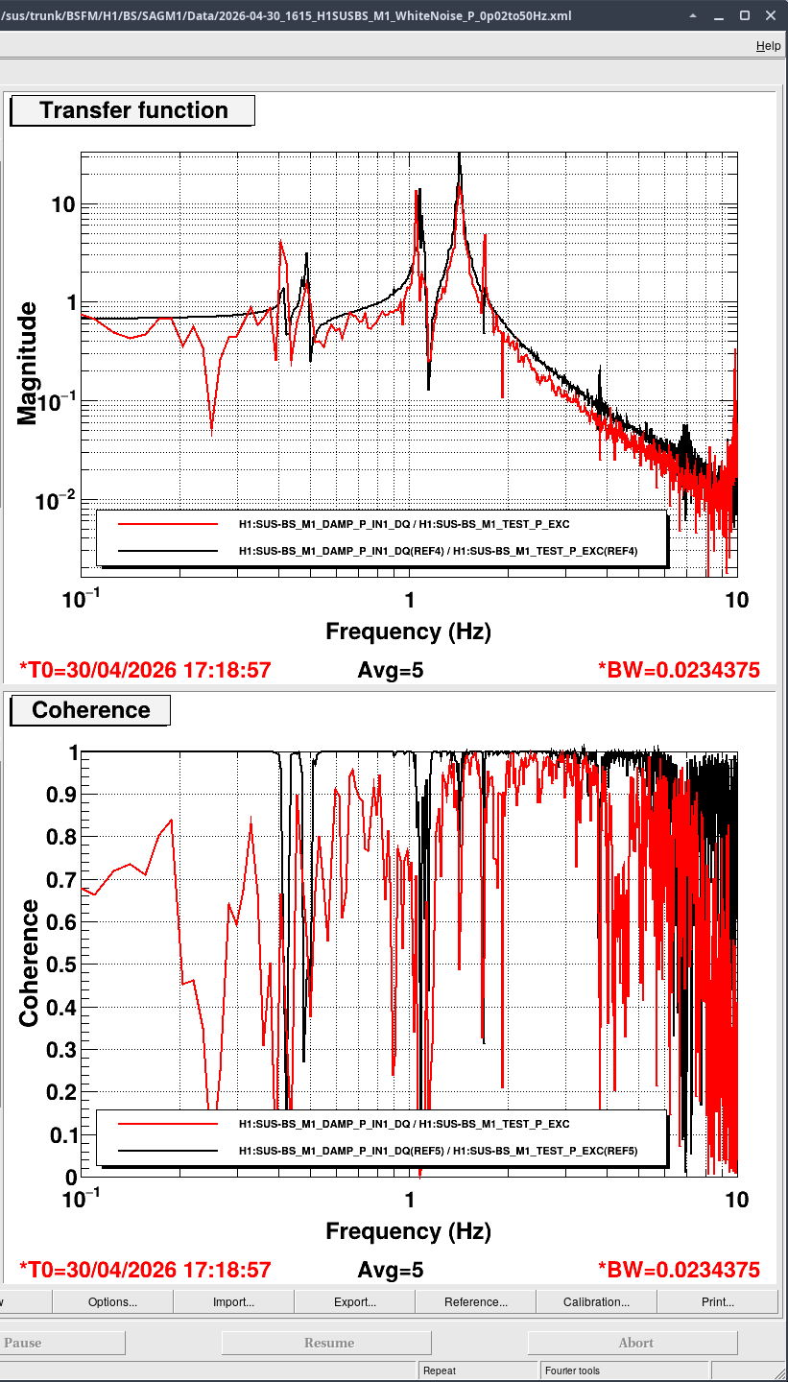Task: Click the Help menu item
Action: click(x=768, y=46)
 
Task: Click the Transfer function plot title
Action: click(x=132, y=110)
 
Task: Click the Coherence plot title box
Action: click(x=90, y=710)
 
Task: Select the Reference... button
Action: click(x=476, y=1301)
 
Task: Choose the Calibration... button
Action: click(x=596, y=1301)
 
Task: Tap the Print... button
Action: click(x=718, y=1301)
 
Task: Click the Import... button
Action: click(x=233, y=1301)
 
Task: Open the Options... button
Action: click(x=112, y=1301)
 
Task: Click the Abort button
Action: click(x=635, y=1343)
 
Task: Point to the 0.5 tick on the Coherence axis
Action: click(x=61, y=965)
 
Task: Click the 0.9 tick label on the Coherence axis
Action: click(x=61, y=795)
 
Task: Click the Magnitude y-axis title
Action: click(x=27, y=364)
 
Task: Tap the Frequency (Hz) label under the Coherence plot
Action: click(x=409, y=1230)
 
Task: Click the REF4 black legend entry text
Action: click(x=438, y=551)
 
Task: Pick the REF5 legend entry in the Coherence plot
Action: click(x=438, y=1151)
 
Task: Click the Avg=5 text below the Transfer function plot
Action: click(x=391, y=670)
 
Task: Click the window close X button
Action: click(x=771, y=15)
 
